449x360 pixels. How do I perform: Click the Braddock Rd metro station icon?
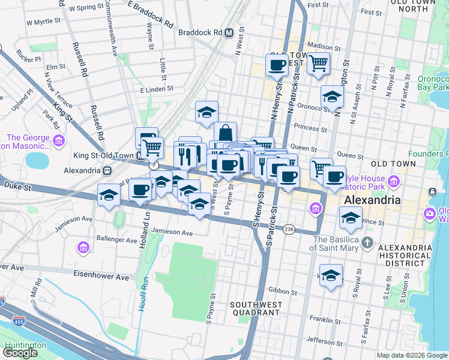click(229, 33)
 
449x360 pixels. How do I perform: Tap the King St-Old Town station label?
click(104, 155)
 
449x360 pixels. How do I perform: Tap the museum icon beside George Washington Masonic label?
click(58, 140)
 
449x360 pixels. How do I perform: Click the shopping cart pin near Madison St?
click(318, 62)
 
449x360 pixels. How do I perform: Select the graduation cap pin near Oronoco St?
click(332, 97)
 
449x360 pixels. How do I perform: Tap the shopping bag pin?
click(225, 133)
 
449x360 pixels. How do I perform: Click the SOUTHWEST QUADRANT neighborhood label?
click(255, 308)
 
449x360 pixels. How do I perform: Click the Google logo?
click(20, 353)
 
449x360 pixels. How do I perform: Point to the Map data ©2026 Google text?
click(412, 355)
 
